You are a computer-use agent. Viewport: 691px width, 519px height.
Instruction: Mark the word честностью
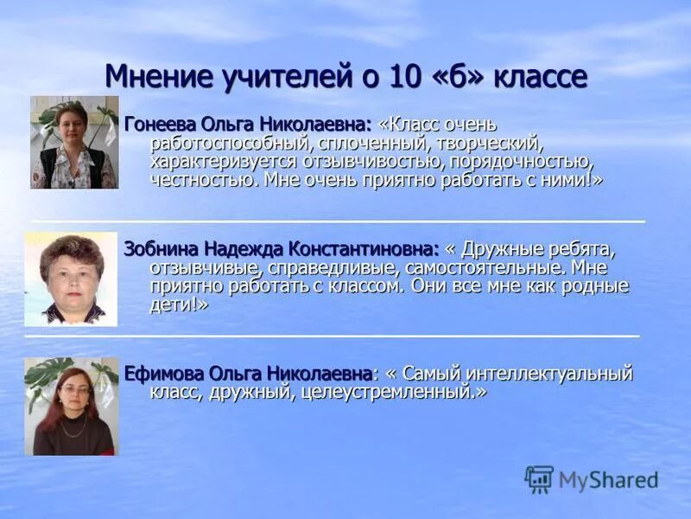[x=203, y=179]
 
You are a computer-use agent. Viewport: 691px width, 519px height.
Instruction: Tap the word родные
[x=596, y=286]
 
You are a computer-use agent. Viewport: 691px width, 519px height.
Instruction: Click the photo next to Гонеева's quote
[x=74, y=142]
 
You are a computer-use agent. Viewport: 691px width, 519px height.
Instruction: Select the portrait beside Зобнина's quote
[x=71, y=279]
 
